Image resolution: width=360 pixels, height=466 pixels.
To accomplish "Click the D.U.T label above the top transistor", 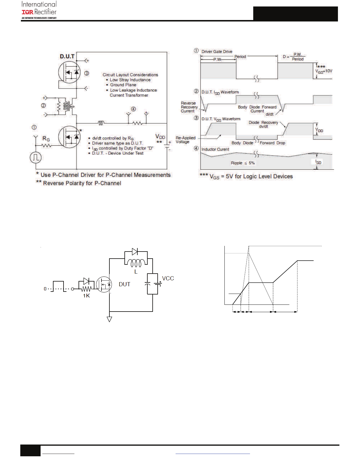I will pyautogui.click(x=67, y=56).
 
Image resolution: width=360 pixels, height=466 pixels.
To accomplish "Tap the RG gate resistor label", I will pyautogui.click(x=46, y=139).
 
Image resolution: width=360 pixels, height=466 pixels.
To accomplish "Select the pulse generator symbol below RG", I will pyautogui.click(x=36, y=157).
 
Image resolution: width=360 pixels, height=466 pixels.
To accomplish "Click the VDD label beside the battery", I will pyautogui.click(x=160, y=137).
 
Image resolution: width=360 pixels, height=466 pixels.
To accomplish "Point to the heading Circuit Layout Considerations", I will pyautogui.click(x=130, y=75).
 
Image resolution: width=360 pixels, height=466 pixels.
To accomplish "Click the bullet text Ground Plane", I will pyautogui.click(x=123, y=85).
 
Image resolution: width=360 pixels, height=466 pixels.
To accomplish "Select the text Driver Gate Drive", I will pyautogui.click(x=217, y=51).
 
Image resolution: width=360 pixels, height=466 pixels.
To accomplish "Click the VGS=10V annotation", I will pyautogui.click(x=324, y=71).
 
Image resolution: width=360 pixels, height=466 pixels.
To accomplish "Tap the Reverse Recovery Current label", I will pyautogui.click(x=189, y=107).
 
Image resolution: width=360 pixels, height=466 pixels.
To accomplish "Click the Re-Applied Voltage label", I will pyautogui.click(x=185, y=140).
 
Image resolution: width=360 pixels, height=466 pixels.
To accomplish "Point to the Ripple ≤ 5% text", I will pyautogui.click(x=243, y=163).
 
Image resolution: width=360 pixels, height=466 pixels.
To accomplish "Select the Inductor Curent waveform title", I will pyautogui.click(x=215, y=149).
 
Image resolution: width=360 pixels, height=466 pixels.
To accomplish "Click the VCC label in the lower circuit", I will pyautogui.click(x=168, y=278).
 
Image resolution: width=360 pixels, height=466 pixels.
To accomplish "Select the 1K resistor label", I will pyautogui.click(x=86, y=296).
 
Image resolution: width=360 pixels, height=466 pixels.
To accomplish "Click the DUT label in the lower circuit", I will pyautogui.click(x=124, y=284).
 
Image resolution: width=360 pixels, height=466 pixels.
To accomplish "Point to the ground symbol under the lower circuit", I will pyautogui.click(x=109, y=319).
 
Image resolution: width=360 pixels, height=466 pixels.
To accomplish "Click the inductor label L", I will pyautogui.click(x=136, y=272).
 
